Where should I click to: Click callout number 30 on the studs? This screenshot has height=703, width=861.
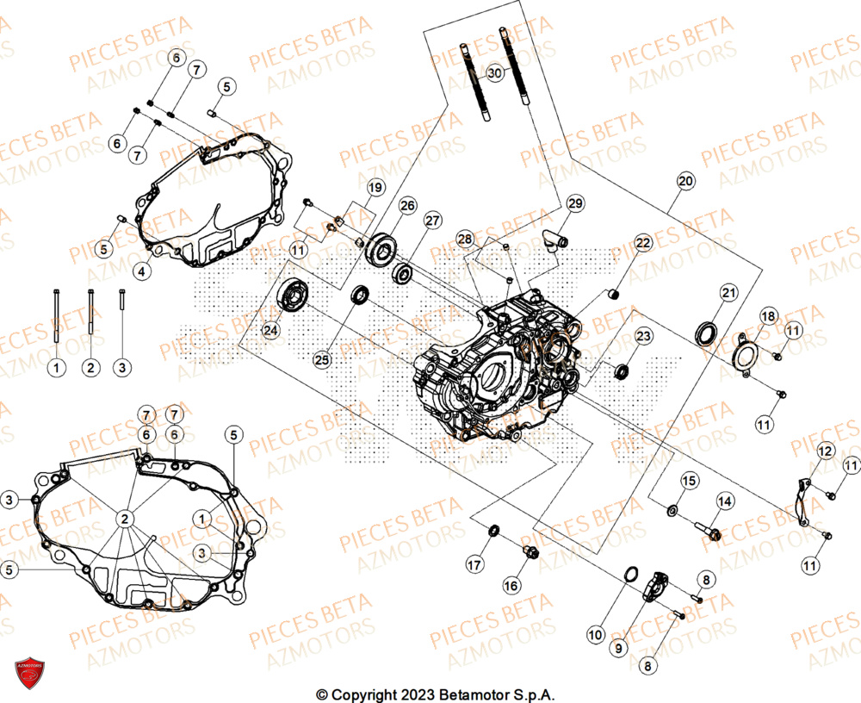point(493,73)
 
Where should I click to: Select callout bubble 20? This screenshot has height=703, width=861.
point(685,182)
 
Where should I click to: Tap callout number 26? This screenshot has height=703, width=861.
point(407,206)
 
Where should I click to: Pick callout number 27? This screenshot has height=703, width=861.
point(432,221)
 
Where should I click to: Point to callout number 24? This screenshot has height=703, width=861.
point(271,330)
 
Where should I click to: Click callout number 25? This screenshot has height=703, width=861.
point(322,361)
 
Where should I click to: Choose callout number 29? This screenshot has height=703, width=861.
point(575,203)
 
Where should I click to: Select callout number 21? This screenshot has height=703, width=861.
point(729,294)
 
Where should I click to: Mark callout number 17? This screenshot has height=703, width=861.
point(475,564)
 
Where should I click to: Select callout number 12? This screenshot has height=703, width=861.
point(825,451)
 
